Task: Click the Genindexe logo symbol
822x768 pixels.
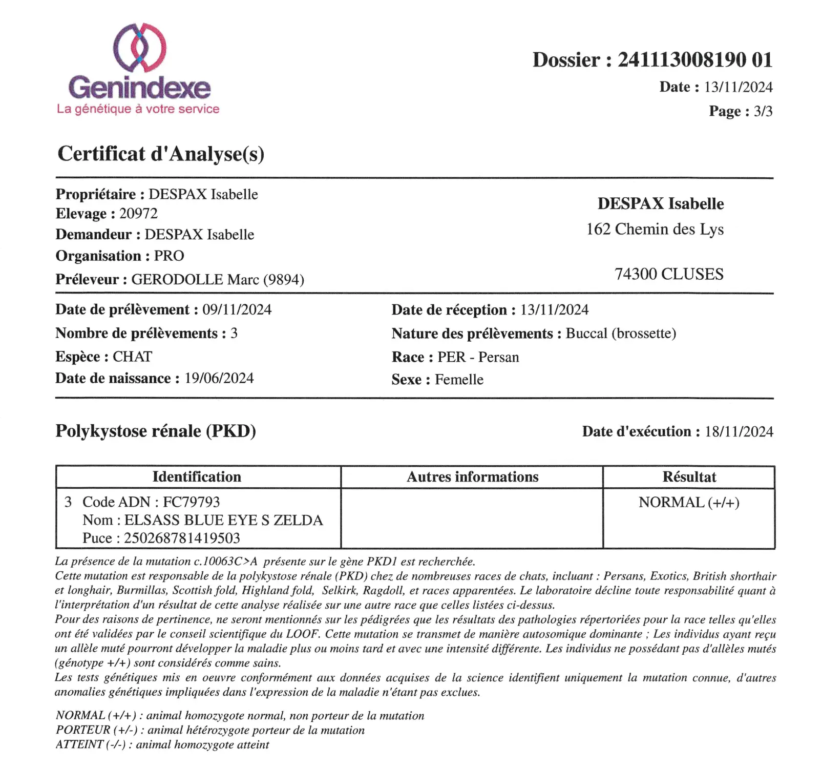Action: [x=139, y=47]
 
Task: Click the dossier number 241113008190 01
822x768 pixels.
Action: [x=694, y=60]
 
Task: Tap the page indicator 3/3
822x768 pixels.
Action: [x=763, y=111]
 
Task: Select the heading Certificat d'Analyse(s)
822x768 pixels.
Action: [x=161, y=154]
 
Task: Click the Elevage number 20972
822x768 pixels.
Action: [x=138, y=214]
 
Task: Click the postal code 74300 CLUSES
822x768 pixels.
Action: [x=669, y=274]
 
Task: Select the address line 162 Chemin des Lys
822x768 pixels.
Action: [x=655, y=229]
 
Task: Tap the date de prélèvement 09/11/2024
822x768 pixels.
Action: [x=237, y=309]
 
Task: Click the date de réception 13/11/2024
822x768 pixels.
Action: [x=554, y=309]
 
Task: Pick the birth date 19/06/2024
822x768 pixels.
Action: [x=219, y=378]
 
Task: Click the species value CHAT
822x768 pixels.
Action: [x=132, y=357]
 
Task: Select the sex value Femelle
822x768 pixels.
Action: [x=459, y=380]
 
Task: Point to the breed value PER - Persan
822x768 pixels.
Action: [x=478, y=357]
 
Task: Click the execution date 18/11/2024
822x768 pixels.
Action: [x=739, y=431]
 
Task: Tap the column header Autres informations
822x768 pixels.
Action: [x=472, y=477]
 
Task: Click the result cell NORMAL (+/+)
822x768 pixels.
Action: [x=689, y=503]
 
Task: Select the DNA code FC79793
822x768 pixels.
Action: [x=191, y=502]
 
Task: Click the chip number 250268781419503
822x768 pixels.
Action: [x=182, y=538]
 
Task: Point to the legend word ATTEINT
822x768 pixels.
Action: [x=79, y=744]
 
